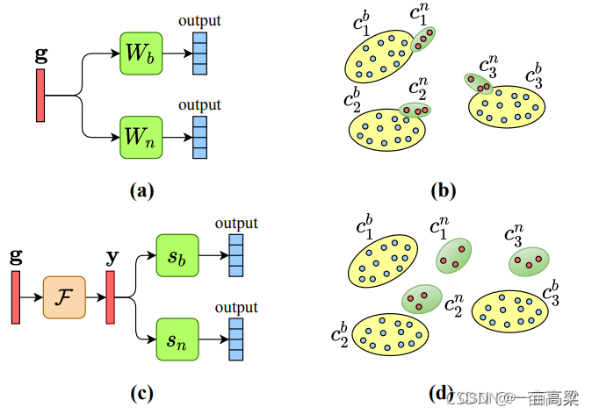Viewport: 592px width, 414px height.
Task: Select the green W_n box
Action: click(141, 137)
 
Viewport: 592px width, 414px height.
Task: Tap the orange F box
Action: click(64, 298)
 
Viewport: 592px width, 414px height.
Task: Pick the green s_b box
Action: click(177, 257)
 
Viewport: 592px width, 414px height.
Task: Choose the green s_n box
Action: click(177, 339)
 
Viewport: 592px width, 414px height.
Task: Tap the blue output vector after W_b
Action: click(199, 54)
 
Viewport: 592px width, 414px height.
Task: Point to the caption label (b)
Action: click(443, 189)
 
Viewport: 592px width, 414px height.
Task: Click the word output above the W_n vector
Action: click(199, 105)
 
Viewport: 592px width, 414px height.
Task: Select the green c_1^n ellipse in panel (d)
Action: click(453, 256)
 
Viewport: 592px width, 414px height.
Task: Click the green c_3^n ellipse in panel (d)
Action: click(528, 261)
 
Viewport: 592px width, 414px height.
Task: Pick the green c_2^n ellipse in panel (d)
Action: click(422, 299)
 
